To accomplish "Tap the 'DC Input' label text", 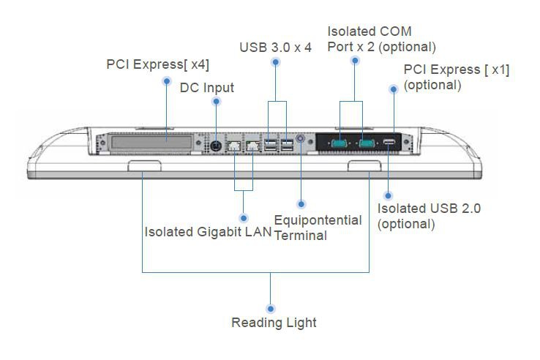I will (207, 88).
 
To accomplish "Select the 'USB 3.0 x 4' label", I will (275, 48).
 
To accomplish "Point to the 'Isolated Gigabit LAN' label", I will (208, 232).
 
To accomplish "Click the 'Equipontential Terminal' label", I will (318, 228).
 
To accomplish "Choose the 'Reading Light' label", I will (274, 322).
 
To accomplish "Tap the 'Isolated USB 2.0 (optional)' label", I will (429, 216).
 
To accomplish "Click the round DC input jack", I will (217, 146).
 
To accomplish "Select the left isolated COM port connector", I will (341, 143).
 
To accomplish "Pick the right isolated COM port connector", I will (367, 143).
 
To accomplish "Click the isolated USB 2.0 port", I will (389, 143).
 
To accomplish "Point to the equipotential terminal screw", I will (302, 146).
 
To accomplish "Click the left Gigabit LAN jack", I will (235, 146).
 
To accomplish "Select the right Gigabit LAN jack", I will (252, 146).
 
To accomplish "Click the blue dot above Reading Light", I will (271, 309).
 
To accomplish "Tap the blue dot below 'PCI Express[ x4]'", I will (167, 80).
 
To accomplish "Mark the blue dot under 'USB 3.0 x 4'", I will (276, 62).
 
